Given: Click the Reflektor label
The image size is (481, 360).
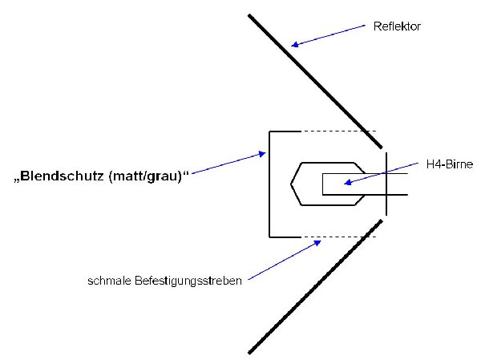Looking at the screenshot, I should (396, 26).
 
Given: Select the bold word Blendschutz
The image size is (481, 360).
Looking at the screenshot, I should (68, 176).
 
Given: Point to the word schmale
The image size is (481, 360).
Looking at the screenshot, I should (107, 281).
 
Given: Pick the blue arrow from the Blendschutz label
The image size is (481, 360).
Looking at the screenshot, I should (228, 163).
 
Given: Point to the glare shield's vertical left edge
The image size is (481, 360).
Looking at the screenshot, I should (269, 184).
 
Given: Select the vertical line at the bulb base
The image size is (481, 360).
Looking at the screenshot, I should (386, 184).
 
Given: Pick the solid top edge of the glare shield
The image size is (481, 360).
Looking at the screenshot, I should (285, 131).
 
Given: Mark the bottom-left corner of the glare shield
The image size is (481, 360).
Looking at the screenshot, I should (270, 236).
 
